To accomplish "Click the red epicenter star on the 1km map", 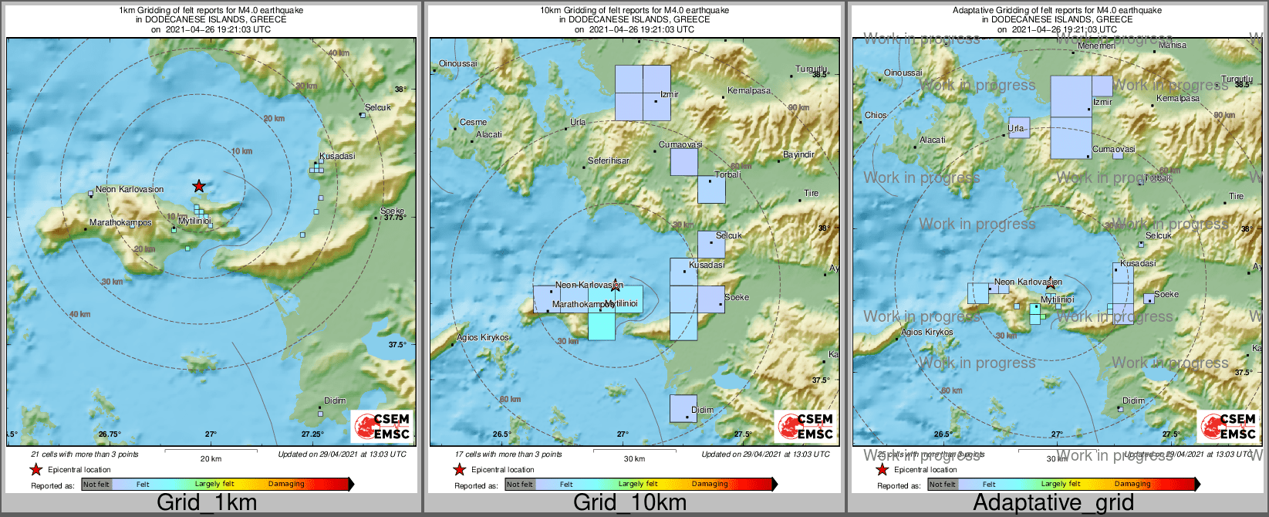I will click(x=199, y=186).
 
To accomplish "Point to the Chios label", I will click(x=876, y=116).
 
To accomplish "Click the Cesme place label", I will click(x=473, y=123).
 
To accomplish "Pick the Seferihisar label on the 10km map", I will click(x=609, y=161).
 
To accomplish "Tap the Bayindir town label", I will click(x=798, y=155).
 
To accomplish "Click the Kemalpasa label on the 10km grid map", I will click(x=749, y=91).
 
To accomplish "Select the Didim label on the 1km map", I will click(x=335, y=401).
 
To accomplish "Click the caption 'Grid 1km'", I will click(x=207, y=503).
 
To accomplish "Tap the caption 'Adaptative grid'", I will click(x=1053, y=503).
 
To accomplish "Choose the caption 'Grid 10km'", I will click(x=629, y=503).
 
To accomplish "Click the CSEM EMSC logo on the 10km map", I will click(x=805, y=426).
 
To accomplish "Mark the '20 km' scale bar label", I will click(x=211, y=459).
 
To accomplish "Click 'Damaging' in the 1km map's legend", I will click(x=286, y=485).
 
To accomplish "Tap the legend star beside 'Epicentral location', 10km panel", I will click(x=459, y=470).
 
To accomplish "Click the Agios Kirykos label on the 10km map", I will click(x=483, y=338).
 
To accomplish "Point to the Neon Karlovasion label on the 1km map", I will click(x=130, y=190).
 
